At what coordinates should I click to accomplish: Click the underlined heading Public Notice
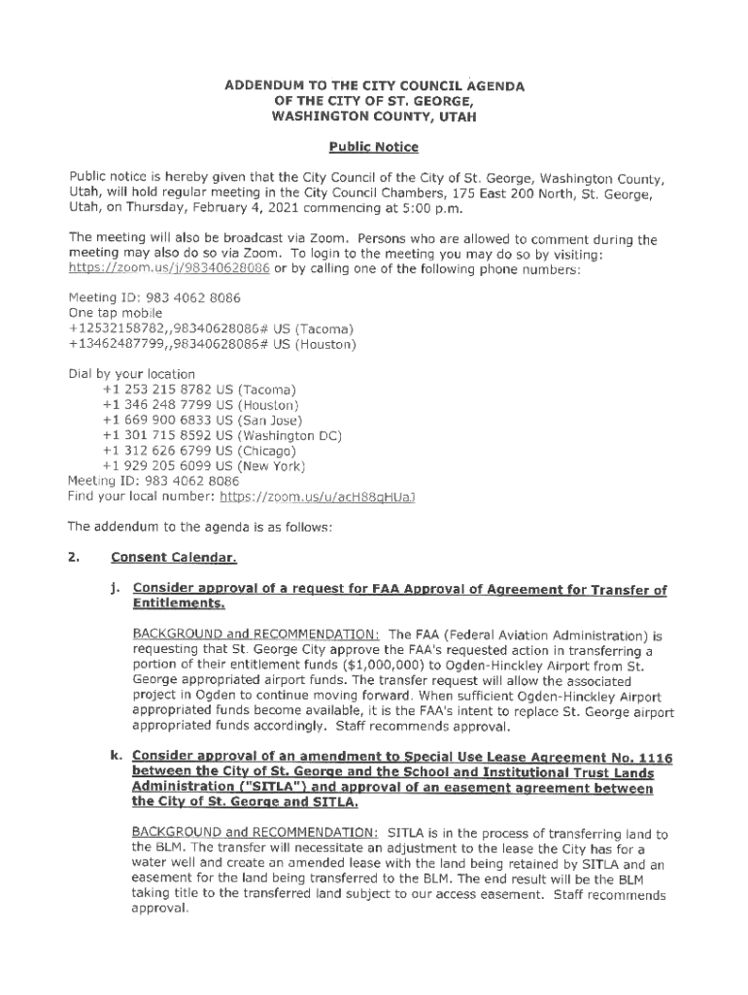373,148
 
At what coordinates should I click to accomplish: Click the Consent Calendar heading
174,558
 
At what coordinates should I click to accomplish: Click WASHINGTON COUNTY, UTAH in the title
374,117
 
